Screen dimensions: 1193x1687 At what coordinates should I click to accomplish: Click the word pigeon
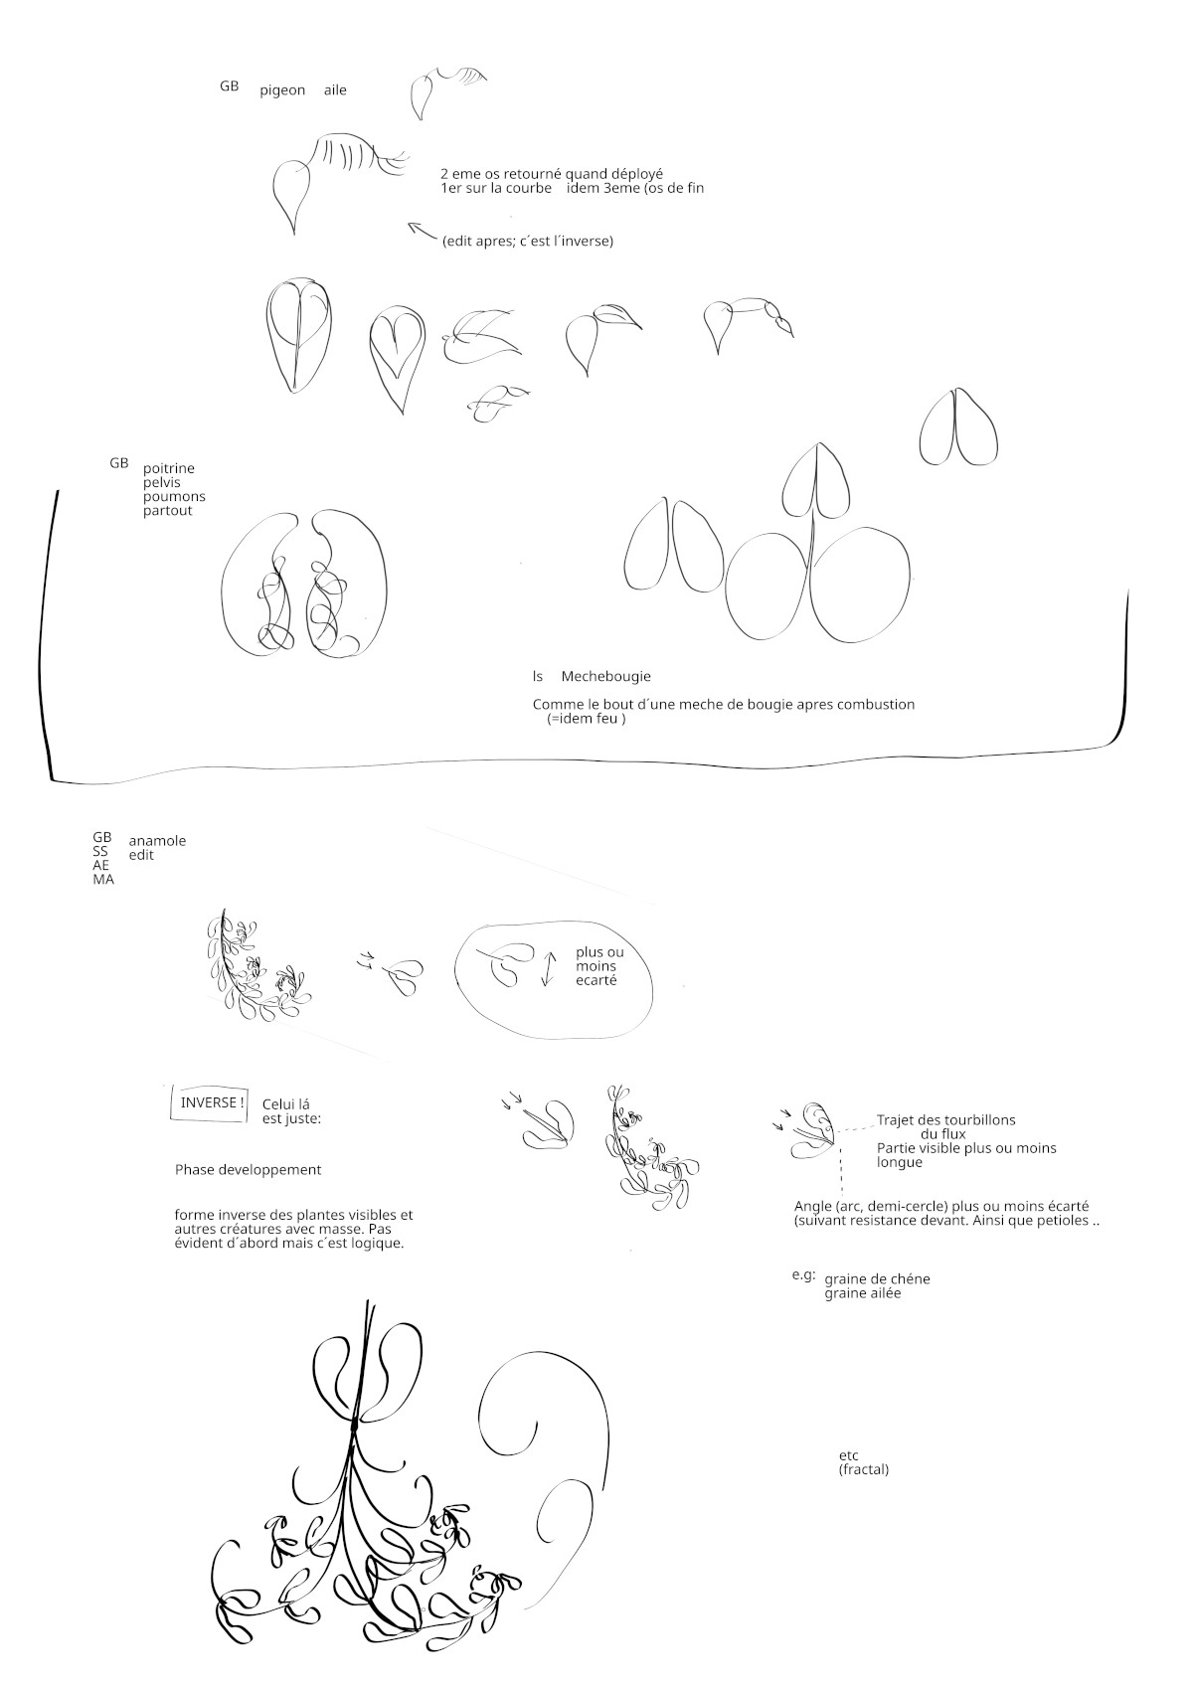click(x=282, y=91)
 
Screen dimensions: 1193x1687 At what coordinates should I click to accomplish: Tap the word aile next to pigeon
click(x=335, y=89)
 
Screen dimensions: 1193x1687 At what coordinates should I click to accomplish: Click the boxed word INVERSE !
click(x=212, y=1102)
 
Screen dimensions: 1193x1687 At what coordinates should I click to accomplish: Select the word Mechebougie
click(x=605, y=676)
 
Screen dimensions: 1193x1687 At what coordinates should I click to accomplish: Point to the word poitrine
click(x=169, y=468)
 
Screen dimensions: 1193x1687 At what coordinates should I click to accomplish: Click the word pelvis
click(x=162, y=483)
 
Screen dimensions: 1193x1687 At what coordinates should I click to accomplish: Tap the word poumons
click(x=174, y=497)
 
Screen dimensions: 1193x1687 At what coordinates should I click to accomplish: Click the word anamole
click(x=157, y=840)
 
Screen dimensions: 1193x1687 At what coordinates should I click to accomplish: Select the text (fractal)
click(x=864, y=1469)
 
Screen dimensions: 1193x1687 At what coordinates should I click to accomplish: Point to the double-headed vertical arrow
click(x=548, y=969)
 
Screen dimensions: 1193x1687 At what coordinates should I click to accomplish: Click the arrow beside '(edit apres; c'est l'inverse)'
click(x=423, y=232)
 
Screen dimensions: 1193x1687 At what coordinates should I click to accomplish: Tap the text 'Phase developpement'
click(x=248, y=1170)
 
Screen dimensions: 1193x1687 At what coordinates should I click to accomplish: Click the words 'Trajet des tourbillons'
click(x=946, y=1120)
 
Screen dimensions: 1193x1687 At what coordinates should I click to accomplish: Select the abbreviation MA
click(x=103, y=879)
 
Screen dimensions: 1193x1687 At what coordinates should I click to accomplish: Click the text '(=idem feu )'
click(x=587, y=719)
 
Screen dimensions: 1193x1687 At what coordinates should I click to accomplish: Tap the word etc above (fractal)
click(x=848, y=1455)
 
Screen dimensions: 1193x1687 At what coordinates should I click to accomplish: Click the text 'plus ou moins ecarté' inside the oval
click(x=599, y=966)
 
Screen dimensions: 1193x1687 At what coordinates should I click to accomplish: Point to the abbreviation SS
click(x=100, y=851)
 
